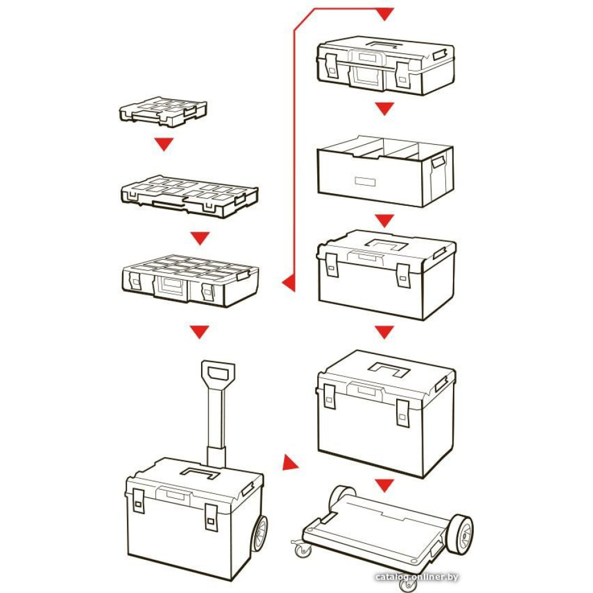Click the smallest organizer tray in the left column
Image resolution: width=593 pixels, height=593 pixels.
pyautogui.click(x=163, y=111)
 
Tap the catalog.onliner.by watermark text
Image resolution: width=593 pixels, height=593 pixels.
pyautogui.click(x=416, y=577)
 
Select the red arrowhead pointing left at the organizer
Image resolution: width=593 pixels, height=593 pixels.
pyautogui.click(x=288, y=283)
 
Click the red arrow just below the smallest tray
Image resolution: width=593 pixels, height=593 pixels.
pyautogui.click(x=164, y=144)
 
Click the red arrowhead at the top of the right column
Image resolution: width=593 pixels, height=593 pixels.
pyautogui.click(x=385, y=14)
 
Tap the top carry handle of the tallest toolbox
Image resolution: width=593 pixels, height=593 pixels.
pyautogui.click(x=389, y=368)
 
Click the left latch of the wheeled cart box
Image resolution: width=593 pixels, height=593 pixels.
pyautogui.click(x=138, y=501)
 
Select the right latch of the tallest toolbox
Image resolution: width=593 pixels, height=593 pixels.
pyautogui.click(x=403, y=413)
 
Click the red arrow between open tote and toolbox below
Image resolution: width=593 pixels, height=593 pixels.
pyautogui.click(x=385, y=221)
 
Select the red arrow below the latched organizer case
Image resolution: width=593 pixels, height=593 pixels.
pyautogui.click(x=200, y=331)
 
